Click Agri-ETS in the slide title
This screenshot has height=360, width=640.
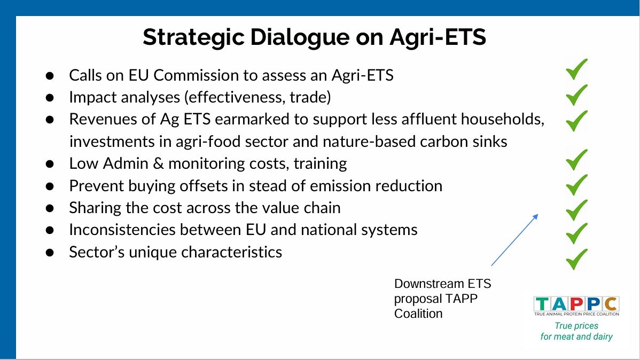point(438,38)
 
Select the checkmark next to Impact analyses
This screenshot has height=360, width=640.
point(577,95)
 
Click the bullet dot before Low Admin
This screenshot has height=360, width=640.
point(50,164)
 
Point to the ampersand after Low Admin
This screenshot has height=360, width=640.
point(158,163)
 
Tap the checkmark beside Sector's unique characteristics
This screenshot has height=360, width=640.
point(577,259)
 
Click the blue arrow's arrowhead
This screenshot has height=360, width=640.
point(535,217)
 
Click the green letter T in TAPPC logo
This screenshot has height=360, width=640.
point(542,304)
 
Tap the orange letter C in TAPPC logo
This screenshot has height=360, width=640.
point(611,304)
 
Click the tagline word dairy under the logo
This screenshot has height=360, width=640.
point(603,336)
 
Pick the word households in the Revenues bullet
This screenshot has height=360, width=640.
point(503,119)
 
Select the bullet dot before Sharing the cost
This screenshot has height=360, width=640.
point(50,208)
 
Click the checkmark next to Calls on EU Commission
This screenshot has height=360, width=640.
point(577,69)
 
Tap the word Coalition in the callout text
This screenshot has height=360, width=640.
point(418,314)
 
